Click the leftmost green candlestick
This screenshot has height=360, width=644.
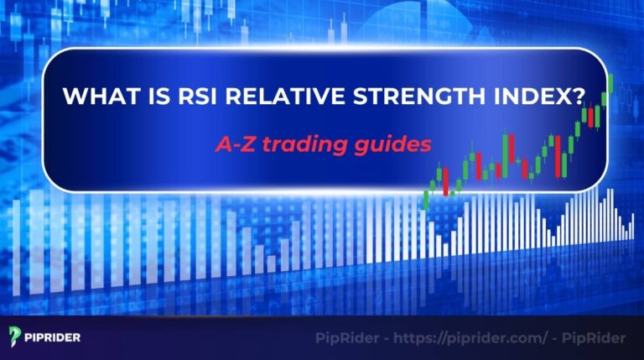[427, 200]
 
